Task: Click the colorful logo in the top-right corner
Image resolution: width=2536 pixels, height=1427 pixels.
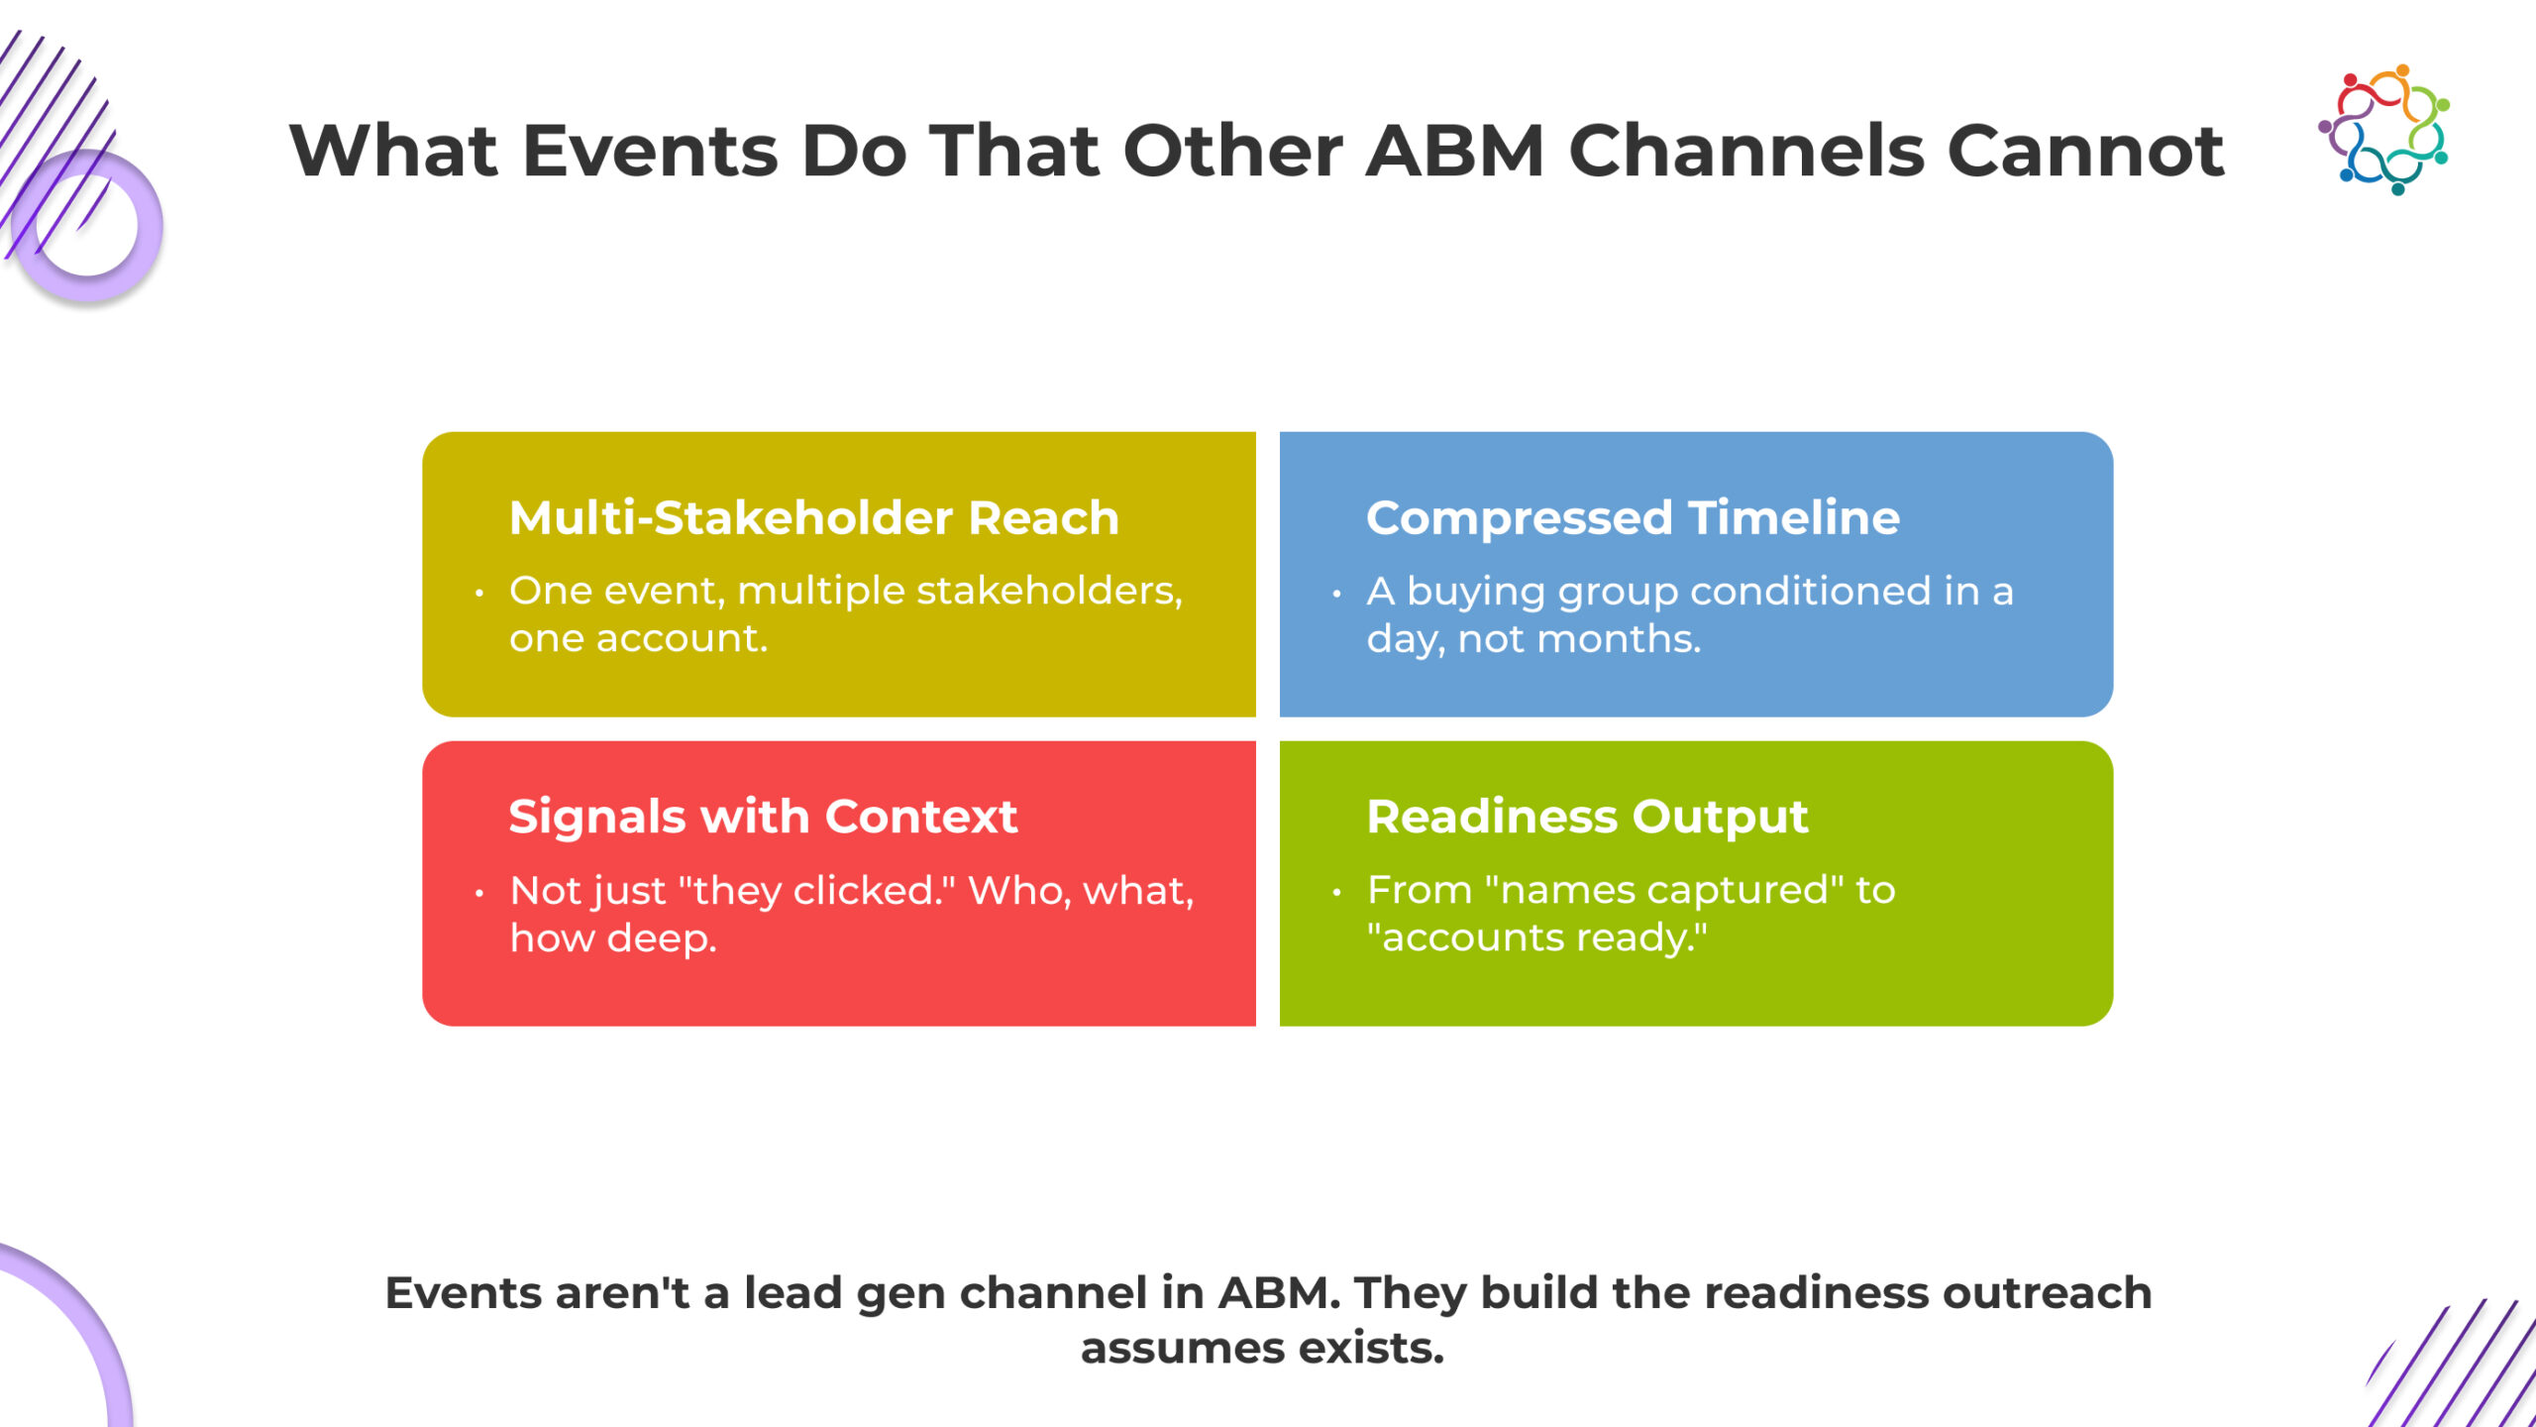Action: [x=2383, y=129]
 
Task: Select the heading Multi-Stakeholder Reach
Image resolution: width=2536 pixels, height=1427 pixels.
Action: [x=813, y=517]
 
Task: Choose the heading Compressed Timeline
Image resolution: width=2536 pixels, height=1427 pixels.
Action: [x=1633, y=517]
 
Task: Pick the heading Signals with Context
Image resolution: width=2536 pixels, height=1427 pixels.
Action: [x=763, y=817]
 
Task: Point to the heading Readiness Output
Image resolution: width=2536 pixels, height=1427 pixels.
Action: [x=1587, y=817]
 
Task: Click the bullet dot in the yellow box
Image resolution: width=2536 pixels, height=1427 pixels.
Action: [x=479, y=594]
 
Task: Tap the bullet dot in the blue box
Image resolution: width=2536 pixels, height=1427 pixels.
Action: [x=1336, y=594]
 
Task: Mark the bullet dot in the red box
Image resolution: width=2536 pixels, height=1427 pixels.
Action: [x=479, y=893]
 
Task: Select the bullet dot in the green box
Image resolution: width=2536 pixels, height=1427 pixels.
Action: [x=1336, y=893]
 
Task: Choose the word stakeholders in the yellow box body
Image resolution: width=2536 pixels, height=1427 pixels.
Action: [x=1048, y=591]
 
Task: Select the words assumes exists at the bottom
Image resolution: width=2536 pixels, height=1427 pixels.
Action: [x=1262, y=1348]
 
